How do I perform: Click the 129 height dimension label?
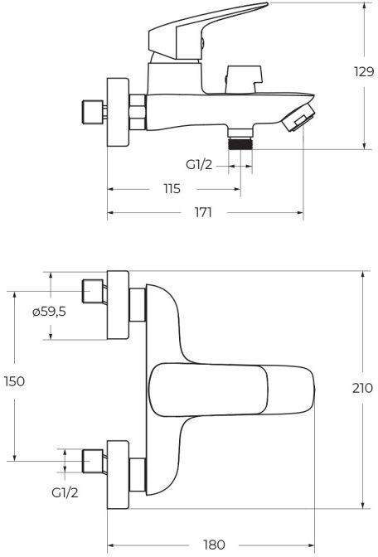pos(364,72)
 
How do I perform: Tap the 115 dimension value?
pos(172,189)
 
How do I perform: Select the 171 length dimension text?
pos(203,212)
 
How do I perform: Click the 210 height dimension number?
pos(363,388)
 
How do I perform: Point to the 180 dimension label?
pos(214,545)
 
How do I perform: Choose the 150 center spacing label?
pos(15,381)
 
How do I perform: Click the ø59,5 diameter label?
pos(49,312)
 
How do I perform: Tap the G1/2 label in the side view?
pos(199,164)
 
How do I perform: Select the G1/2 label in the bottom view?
pos(65,492)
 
